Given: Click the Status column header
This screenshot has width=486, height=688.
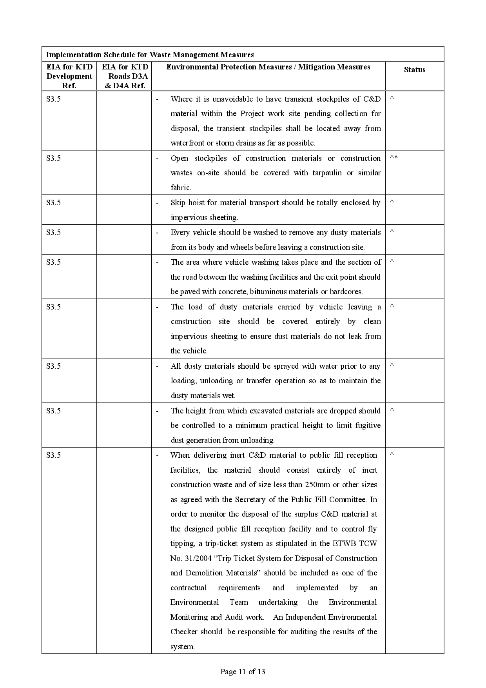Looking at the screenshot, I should (x=414, y=70).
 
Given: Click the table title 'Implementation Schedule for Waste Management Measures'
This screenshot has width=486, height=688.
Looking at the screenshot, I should (x=150, y=55).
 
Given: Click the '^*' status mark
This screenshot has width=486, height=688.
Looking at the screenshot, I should (x=394, y=158).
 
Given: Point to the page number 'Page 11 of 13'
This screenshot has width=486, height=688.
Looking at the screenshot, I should (x=243, y=672).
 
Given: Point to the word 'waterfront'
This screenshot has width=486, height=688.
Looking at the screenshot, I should (x=187, y=143).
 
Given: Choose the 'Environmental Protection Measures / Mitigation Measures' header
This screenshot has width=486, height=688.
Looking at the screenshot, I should (x=268, y=67).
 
